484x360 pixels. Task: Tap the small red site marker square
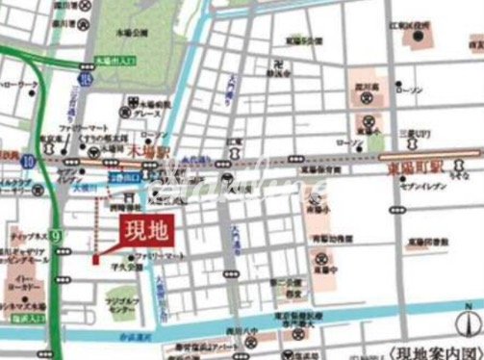pyautogui.click(x=95, y=258)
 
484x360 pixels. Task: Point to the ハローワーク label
pyautogui.click(x=19, y=85)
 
